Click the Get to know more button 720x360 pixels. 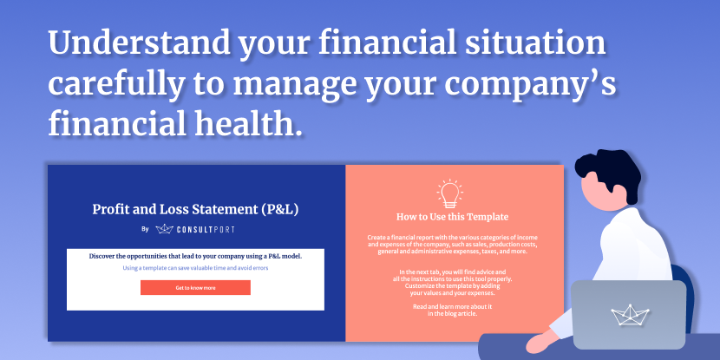coord(195,288)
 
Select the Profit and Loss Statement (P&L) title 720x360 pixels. coord(195,209)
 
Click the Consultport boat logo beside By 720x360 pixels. coord(164,229)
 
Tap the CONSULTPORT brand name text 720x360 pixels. coord(206,229)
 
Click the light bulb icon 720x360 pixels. coord(450,193)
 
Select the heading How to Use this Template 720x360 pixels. coord(452,217)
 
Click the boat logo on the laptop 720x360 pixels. coord(630,315)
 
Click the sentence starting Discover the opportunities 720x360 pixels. coord(195,256)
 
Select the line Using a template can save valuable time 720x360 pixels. coord(195,268)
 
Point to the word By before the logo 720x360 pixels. coord(146,229)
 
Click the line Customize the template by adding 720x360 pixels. coord(452,285)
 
